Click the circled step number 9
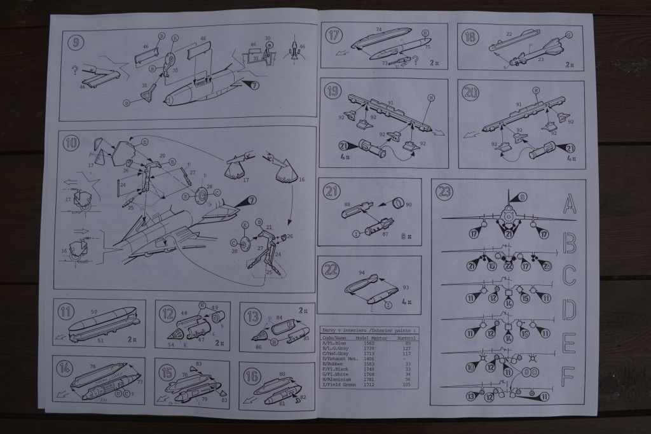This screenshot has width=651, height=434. (78, 45)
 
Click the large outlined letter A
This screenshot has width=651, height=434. (570, 205)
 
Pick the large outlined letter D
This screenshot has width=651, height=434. (569, 310)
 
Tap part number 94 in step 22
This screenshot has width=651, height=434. (362, 273)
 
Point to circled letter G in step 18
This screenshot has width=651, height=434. (569, 34)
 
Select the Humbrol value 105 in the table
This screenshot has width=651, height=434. (402, 384)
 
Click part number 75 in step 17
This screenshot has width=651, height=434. (427, 47)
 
